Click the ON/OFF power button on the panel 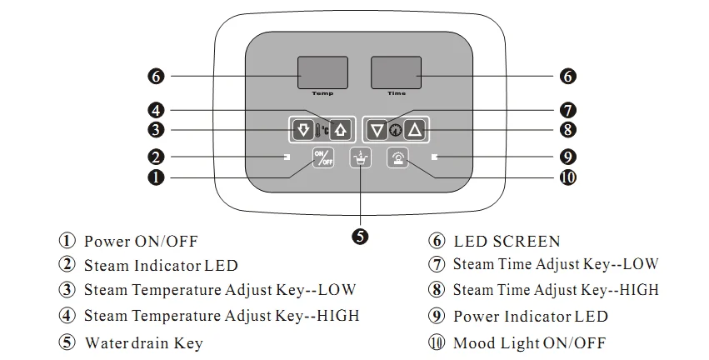(322, 157)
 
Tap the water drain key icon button (361, 157)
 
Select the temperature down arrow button (303, 129)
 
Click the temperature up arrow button (341, 129)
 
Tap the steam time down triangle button (377, 129)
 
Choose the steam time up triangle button (416, 129)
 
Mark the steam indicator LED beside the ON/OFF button (287, 157)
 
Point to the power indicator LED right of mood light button (434, 157)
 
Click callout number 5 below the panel (360, 236)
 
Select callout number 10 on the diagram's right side (568, 177)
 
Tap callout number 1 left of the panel (155, 177)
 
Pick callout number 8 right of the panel (567, 129)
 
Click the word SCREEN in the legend (526, 242)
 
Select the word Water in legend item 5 (106, 343)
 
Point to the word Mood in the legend (473, 343)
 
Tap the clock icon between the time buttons (396, 130)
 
